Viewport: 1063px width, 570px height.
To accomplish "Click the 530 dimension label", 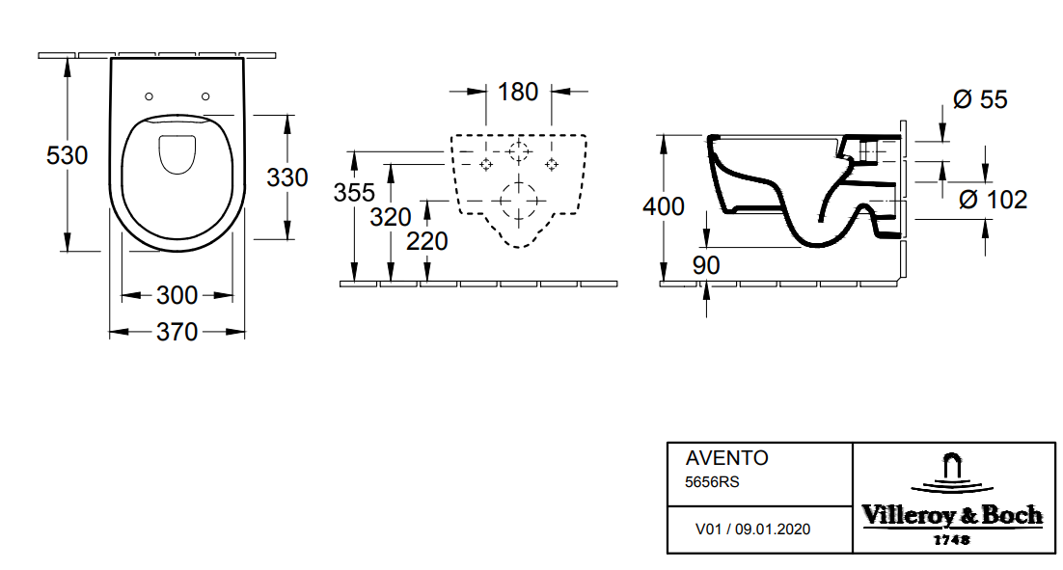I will coord(68,154).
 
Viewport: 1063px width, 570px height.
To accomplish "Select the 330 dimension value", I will coord(287,177).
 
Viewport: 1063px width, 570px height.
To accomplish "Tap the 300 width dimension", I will coord(177,295).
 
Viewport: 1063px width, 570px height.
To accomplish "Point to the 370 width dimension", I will coord(177,333).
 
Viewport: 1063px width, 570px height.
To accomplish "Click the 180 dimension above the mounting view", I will coord(518,93).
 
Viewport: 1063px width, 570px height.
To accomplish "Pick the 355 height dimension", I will coord(354,192).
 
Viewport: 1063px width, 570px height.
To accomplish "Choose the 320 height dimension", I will coord(391,217).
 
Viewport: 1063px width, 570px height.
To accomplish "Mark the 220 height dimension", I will coord(426,241).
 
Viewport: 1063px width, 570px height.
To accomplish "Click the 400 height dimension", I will coord(664,206).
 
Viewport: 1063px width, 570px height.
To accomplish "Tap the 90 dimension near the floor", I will coord(707,265).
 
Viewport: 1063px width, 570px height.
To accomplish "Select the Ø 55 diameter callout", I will coord(979,99).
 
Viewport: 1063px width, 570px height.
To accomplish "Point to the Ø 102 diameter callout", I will coord(993,200).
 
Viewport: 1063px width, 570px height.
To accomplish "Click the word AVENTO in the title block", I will coord(726,459).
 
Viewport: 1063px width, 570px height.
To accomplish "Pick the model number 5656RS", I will coord(712,482).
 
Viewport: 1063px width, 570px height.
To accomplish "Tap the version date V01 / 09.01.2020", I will coord(752,529).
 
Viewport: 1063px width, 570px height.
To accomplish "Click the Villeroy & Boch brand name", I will coord(952,516).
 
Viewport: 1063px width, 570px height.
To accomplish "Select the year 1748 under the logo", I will coord(951,540).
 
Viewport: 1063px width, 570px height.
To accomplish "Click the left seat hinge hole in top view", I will coord(150,96).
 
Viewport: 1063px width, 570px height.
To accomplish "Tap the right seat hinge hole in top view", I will coord(205,96).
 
